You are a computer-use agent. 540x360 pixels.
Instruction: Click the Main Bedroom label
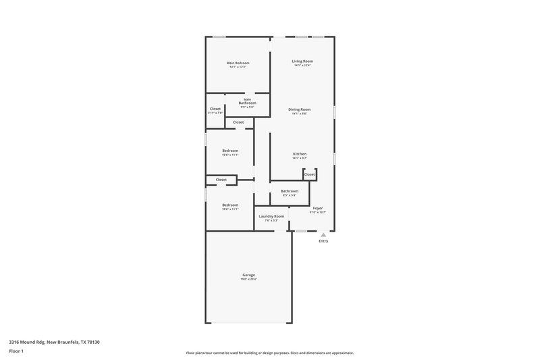pyautogui.click(x=238, y=63)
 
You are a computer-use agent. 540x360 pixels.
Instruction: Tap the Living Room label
pyautogui.click(x=302, y=61)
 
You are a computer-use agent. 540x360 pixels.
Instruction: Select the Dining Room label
pyautogui.click(x=300, y=109)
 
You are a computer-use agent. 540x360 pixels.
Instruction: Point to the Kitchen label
pyautogui.click(x=300, y=154)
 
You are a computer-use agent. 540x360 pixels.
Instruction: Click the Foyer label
pyautogui.click(x=317, y=208)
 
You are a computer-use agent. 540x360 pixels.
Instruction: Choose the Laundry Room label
pyautogui.click(x=271, y=216)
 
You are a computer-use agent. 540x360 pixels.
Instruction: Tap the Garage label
pyautogui.click(x=249, y=275)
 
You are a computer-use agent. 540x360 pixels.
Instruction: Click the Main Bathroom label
pyautogui.click(x=247, y=102)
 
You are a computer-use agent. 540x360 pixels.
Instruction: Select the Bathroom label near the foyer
pyautogui.click(x=290, y=191)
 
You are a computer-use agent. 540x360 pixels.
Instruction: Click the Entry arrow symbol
pyautogui.click(x=323, y=235)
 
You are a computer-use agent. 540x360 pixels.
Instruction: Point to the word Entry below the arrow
pyautogui.click(x=323, y=241)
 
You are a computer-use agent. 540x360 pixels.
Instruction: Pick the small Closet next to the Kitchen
pyautogui.click(x=309, y=174)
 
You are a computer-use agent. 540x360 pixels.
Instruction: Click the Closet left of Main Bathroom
pyautogui.click(x=215, y=109)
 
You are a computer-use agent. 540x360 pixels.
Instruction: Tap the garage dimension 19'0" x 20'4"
pyautogui.click(x=249, y=279)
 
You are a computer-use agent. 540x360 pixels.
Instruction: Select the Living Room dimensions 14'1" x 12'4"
pyautogui.click(x=302, y=66)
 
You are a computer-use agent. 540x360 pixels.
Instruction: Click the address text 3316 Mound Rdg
pyautogui.click(x=54, y=342)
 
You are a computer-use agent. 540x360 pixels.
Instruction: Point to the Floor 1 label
pyautogui.click(x=17, y=352)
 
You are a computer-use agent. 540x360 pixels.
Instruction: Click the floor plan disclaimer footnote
pyautogui.click(x=269, y=353)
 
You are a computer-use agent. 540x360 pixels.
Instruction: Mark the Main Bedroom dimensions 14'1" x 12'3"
pyautogui.click(x=238, y=67)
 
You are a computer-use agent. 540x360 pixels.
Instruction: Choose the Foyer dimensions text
pyautogui.click(x=317, y=212)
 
